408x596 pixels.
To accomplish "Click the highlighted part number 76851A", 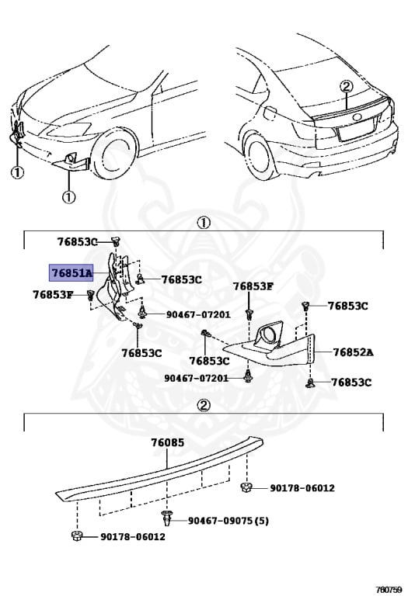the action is point(71,273).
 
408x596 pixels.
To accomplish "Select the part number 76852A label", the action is point(353,352).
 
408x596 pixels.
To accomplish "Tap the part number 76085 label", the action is point(167,442).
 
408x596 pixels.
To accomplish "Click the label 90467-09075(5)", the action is point(228,521).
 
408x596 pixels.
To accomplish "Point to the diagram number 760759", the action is point(389,590).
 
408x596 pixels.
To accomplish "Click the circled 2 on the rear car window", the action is point(346,87).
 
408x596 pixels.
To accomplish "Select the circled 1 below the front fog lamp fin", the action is point(69,197).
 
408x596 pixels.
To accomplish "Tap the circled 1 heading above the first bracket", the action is point(204,223).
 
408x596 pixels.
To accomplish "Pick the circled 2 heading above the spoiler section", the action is point(204,405).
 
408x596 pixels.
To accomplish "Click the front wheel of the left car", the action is point(114,154).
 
